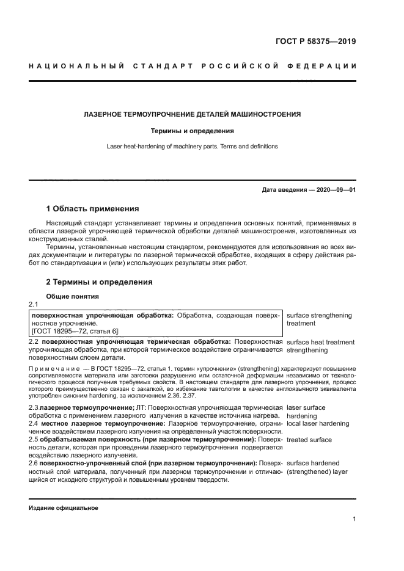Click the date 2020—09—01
point(334,190)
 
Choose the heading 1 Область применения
point(93,209)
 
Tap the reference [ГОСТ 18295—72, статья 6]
point(76,330)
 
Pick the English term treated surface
point(309,440)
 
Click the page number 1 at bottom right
point(354,519)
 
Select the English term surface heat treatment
point(320,343)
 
